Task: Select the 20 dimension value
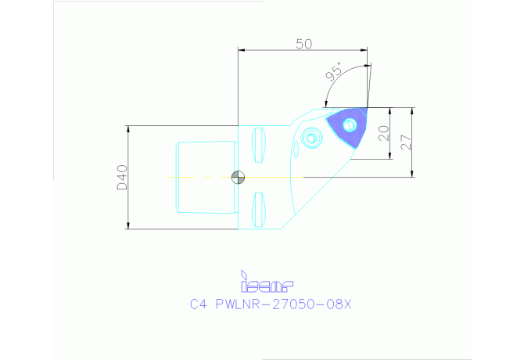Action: coord(383,134)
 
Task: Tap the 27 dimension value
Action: coord(404,142)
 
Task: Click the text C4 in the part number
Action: coord(198,305)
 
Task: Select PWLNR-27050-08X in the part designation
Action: coord(282,305)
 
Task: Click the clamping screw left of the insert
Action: coord(313,139)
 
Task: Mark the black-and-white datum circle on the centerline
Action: coord(238,178)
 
